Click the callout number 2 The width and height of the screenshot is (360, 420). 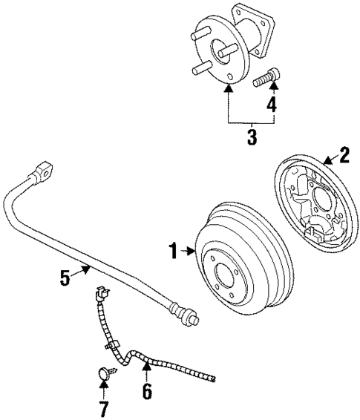tap(344, 154)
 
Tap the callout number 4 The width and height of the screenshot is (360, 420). tap(272, 105)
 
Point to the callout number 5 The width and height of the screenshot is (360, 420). tap(65, 279)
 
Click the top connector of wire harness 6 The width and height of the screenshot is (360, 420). tap(98, 294)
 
